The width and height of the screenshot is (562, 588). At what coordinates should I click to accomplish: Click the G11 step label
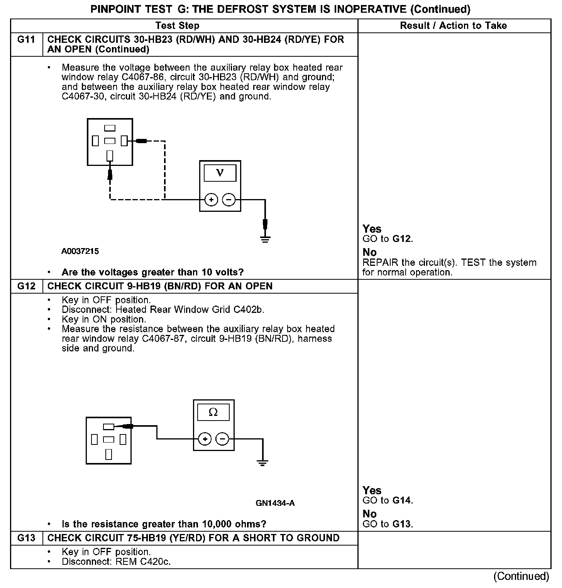26,40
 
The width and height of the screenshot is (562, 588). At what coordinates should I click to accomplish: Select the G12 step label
26,286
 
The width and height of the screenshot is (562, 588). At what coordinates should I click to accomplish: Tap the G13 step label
26,538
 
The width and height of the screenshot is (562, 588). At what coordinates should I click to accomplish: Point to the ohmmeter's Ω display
213,412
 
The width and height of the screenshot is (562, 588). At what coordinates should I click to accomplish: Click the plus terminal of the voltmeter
211,200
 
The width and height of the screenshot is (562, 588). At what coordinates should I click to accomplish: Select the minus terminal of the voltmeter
229,200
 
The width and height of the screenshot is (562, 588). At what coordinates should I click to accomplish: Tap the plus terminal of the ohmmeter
205,439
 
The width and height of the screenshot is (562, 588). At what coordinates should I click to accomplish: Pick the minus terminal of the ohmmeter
222,439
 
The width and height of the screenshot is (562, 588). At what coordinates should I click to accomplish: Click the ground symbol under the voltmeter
265,239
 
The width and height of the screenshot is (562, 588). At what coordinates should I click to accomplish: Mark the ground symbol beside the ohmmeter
262,463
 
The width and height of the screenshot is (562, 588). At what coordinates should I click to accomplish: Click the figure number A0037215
80,252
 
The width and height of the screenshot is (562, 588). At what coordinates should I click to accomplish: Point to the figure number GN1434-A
275,503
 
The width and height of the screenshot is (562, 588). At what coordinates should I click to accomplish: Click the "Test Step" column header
177,26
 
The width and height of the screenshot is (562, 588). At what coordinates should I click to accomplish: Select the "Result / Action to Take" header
453,26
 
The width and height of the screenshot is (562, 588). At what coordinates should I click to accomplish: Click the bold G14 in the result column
402,501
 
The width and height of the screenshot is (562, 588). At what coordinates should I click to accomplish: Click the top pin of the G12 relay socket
108,427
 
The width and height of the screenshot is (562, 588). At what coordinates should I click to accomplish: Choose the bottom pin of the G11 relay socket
110,155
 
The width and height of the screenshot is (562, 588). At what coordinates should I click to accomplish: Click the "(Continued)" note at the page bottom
521,576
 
